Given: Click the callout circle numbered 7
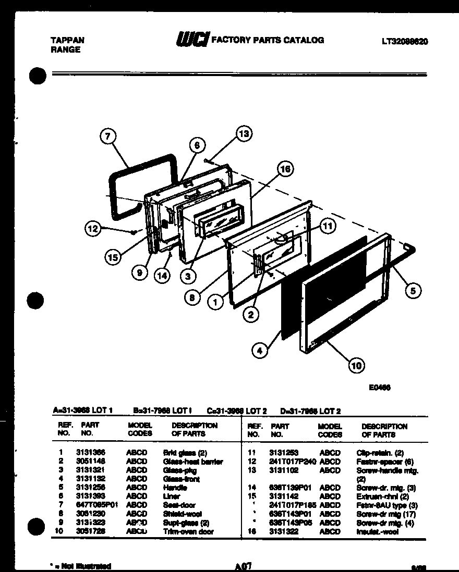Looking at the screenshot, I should coord(107,137).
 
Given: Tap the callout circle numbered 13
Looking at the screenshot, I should coord(243,133).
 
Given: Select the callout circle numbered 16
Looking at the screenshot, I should coord(284,169).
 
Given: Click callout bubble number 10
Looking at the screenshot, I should coord(356,365).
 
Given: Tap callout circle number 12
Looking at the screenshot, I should coord(93,228).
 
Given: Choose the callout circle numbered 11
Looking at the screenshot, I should coord(327,226).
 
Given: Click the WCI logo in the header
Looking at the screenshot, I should coord(193,40).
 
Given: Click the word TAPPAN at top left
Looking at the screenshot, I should coord(67,40).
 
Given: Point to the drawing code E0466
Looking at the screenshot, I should coord(380,387).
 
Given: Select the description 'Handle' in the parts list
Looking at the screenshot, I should coord(175,488).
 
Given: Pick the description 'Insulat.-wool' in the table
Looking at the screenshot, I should coord(377,532).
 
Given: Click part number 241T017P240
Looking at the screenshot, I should coord(293,462).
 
